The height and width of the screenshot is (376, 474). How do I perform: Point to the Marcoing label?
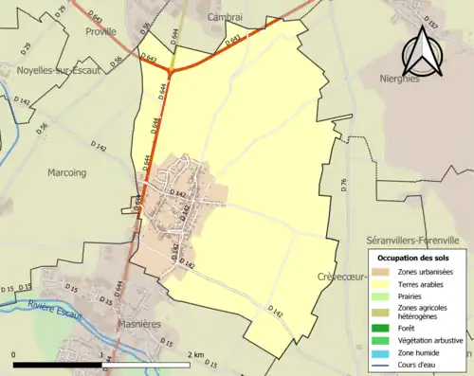point(66,172)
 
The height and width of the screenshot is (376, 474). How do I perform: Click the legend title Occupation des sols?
point(414,258)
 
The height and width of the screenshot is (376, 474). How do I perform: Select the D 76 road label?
point(344,182)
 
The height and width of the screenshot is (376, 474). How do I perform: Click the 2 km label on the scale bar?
point(195,354)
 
